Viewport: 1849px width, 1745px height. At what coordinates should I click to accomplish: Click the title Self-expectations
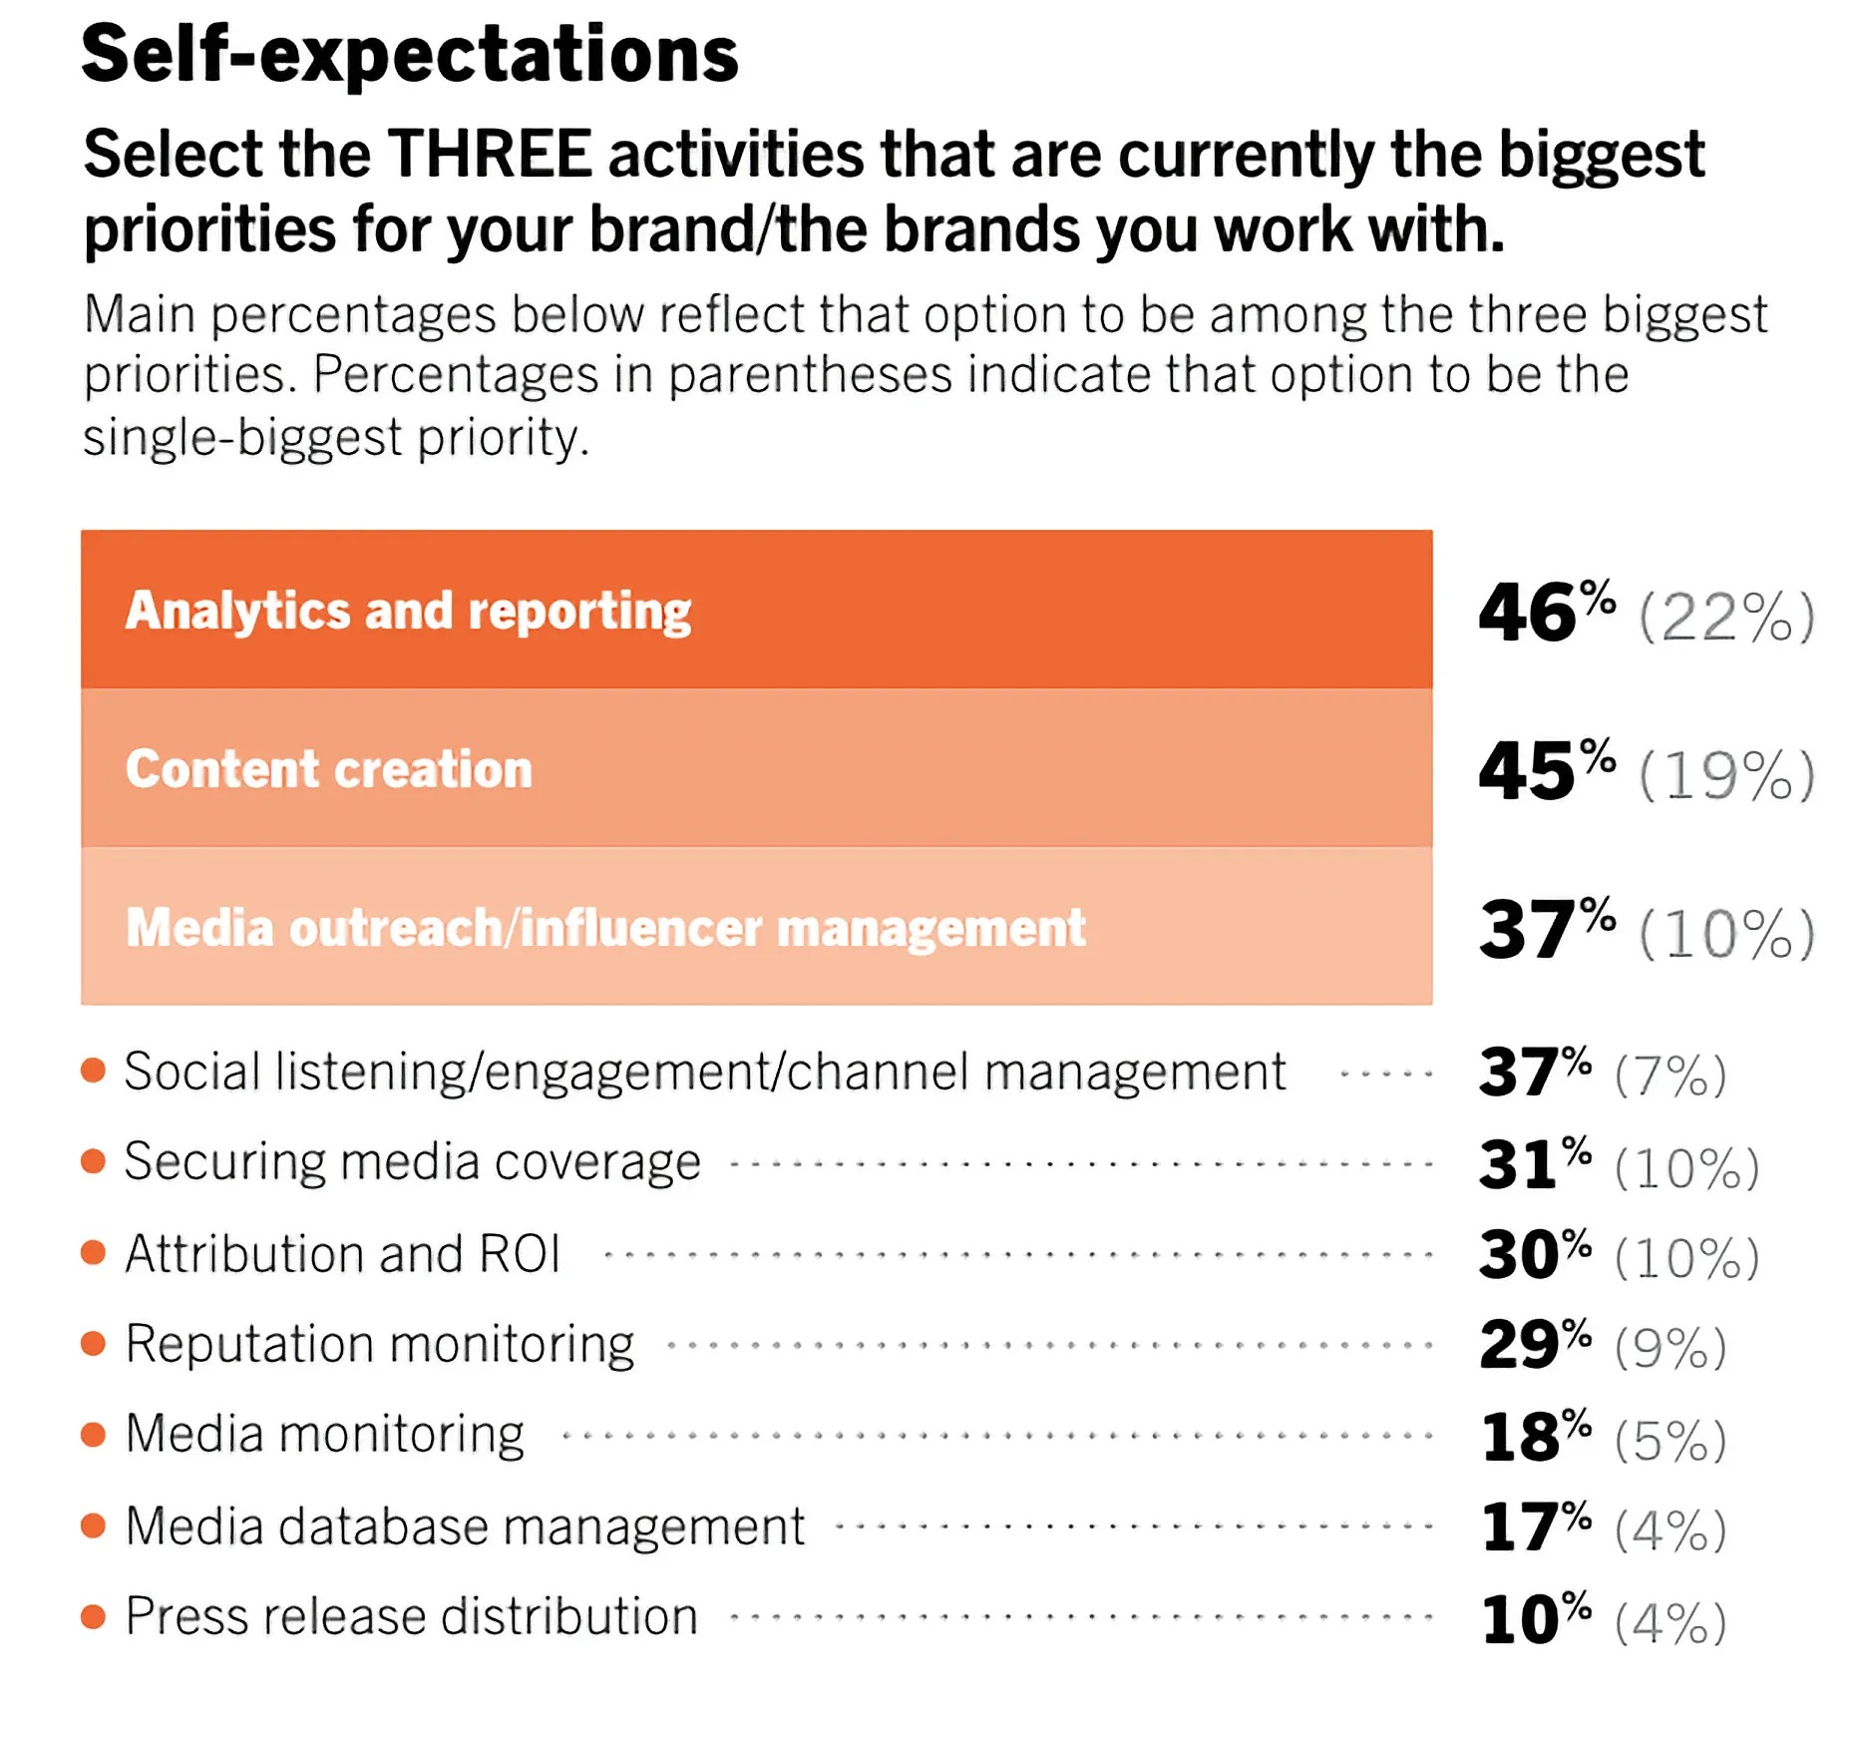click(x=409, y=54)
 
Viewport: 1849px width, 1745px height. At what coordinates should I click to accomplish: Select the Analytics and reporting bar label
click(x=408, y=611)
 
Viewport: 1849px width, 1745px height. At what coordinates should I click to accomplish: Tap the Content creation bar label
click(x=329, y=768)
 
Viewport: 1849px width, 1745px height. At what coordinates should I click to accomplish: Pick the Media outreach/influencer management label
click(x=605, y=927)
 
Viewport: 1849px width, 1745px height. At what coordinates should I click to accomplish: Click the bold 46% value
click(x=1545, y=612)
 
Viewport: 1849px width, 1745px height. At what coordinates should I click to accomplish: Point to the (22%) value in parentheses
click(x=1726, y=617)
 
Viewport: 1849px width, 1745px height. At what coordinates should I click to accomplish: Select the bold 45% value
click(x=1545, y=770)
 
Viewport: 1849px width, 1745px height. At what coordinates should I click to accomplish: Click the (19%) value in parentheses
click(x=1726, y=775)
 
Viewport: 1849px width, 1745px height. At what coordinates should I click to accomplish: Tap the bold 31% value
click(x=1534, y=1163)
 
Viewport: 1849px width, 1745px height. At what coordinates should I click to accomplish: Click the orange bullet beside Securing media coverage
click(x=94, y=1161)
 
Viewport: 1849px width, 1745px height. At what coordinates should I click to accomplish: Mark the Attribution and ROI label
click(x=342, y=1253)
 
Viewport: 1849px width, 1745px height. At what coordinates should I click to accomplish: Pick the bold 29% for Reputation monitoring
click(x=1534, y=1344)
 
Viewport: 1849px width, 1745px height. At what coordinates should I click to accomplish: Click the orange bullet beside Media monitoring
click(x=94, y=1435)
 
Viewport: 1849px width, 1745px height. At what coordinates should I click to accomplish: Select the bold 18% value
click(x=1534, y=1436)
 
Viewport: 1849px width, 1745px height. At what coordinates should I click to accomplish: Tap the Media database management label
click(x=465, y=1526)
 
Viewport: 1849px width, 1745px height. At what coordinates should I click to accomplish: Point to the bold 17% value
click(x=1534, y=1527)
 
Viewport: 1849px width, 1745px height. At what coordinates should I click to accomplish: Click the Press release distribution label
click(x=411, y=1616)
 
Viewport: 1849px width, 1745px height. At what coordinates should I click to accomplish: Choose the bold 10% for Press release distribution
click(x=1534, y=1618)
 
